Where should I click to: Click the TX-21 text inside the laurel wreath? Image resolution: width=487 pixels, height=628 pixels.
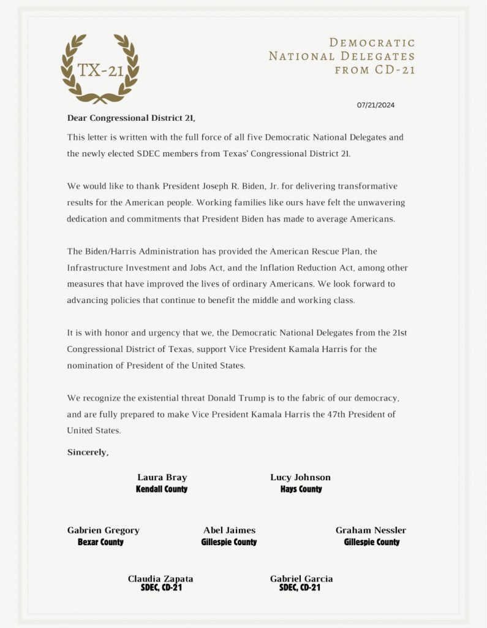click(100, 71)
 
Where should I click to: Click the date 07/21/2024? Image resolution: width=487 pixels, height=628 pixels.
click(376, 105)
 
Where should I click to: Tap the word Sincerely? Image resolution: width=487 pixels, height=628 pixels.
click(88, 453)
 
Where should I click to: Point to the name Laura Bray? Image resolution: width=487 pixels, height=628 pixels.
click(162, 478)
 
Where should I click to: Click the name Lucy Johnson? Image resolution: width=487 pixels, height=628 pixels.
click(300, 478)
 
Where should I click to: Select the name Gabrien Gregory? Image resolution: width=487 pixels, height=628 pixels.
click(103, 530)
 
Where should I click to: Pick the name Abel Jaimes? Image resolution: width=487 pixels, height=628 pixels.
click(229, 530)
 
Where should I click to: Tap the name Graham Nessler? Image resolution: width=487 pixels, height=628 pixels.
click(371, 530)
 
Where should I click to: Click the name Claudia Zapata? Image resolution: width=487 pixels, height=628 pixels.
click(160, 579)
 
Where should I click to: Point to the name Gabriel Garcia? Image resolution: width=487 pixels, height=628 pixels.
click(301, 579)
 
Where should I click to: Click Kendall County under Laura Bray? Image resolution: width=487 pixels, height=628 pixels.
click(162, 489)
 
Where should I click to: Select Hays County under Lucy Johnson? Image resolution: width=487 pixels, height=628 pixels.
click(301, 489)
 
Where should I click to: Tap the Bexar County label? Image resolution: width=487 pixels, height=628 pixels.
click(100, 542)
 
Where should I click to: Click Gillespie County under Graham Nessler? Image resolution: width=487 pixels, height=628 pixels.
click(372, 542)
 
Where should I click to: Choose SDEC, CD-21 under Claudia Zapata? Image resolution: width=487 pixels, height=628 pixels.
click(161, 588)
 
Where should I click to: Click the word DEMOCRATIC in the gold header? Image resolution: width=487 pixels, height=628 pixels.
click(372, 43)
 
